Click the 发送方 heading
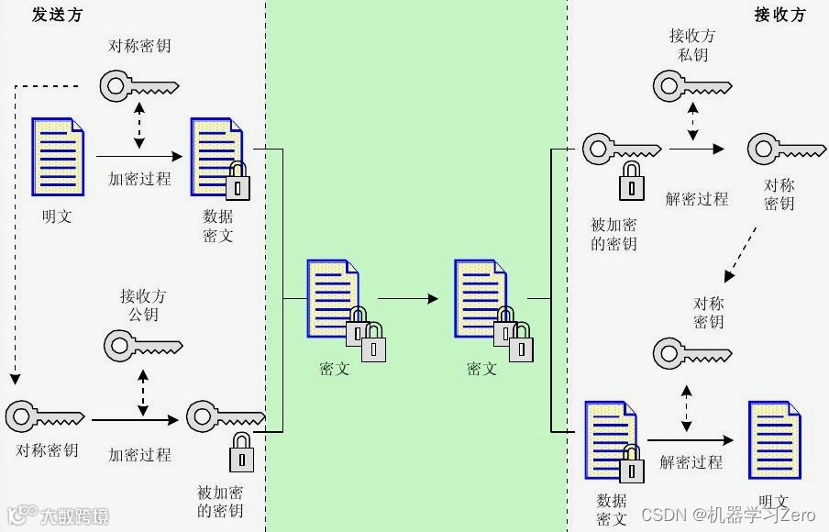(57, 15)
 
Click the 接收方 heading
(779, 15)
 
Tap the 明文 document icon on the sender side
(58, 157)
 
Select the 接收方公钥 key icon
(143, 347)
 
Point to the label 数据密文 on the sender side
(218, 226)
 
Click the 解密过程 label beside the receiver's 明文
(691, 461)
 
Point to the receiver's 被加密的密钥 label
(614, 234)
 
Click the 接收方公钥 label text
(143, 305)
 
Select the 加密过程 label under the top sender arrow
(139, 179)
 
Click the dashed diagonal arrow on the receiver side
(744, 254)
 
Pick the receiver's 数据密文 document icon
(611, 438)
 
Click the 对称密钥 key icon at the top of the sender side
(138, 86)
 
